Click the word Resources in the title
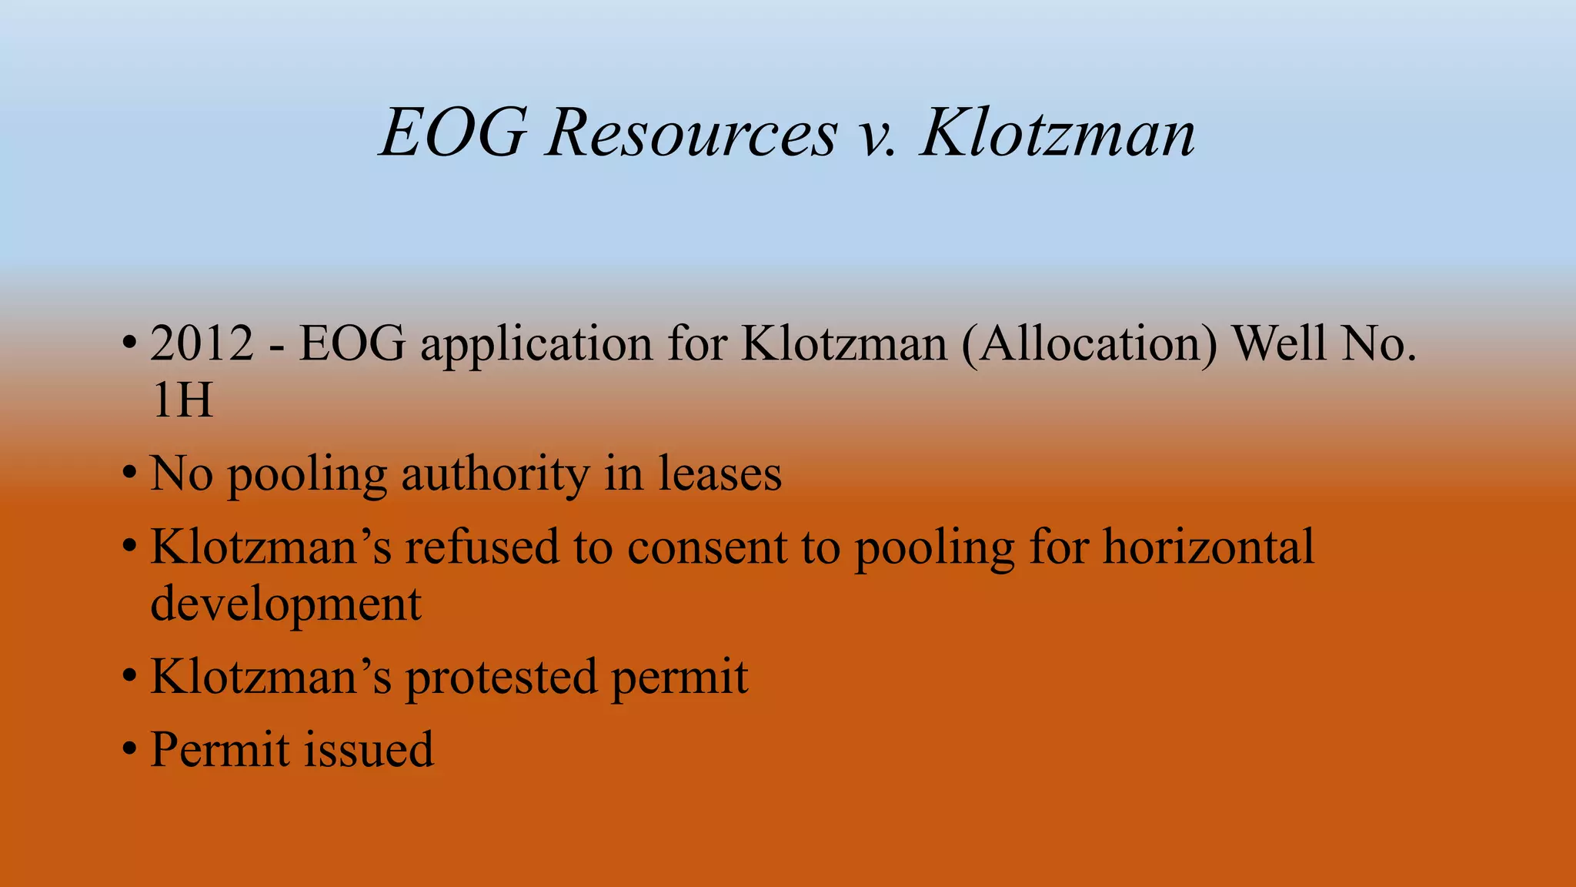click(690, 134)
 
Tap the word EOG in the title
click(453, 134)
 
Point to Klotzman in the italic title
click(1057, 134)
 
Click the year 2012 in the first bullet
click(202, 343)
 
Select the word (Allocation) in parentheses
click(1090, 343)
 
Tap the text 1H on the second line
click(182, 401)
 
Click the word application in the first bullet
click(536, 345)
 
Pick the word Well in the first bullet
click(1280, 343)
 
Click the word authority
click(496, 474)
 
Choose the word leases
click(720, 474)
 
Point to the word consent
click(707, 549)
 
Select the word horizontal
click(1208, 547)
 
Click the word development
click(285, 604)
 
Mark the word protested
click(501, 678)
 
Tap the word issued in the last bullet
click(369, 750)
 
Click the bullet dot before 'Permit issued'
click(129, 749)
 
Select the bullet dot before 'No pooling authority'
click(129, 474)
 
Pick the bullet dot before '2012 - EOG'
click(129, 343)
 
